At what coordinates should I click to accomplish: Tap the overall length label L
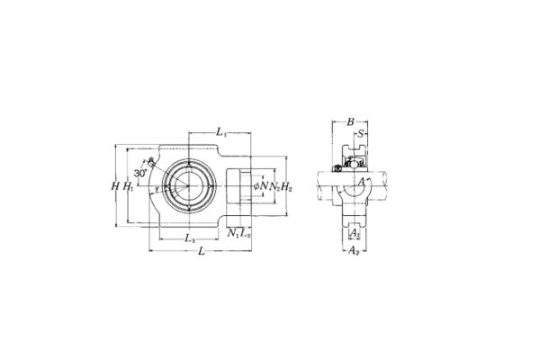click(x=201, y=253)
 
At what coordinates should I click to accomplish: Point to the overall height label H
click(x=114, y=187)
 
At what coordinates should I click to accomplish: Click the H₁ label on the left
click(x=129, y=187)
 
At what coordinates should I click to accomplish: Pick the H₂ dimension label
click(x=287, y=187)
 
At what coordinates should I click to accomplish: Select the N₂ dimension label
click(x=274, y=187)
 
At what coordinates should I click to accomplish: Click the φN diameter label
click(x=261, y=187)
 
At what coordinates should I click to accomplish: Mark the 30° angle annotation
click(x=139, y=171)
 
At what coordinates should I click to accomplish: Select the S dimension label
click(x=361, y=134)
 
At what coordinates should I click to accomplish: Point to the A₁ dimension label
click(x=354, y=232)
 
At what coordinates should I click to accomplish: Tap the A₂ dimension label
click(x=354, y=251)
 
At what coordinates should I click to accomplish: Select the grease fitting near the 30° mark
click(x=152, y=163)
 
